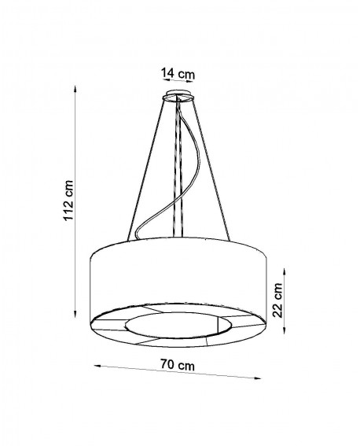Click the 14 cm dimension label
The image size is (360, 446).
tap(178, 74)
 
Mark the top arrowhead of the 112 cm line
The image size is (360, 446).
tap(75, 89)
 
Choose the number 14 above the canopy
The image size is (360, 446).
tap(169, 74)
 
